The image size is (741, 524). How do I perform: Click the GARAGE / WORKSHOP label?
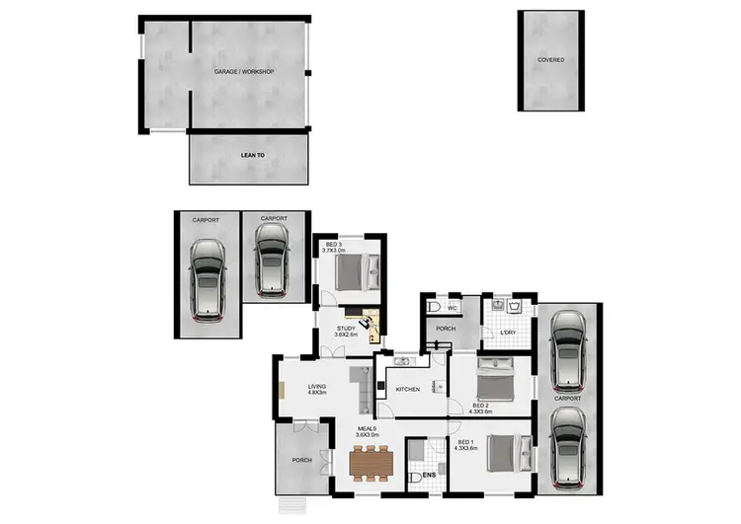[x=244, y=72]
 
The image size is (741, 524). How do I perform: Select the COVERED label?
[x=550, y=60]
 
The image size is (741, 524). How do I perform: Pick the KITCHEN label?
[x=408, y=389]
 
